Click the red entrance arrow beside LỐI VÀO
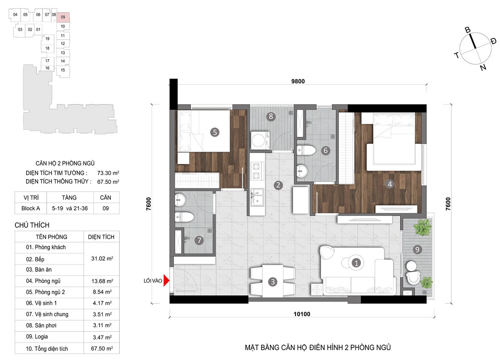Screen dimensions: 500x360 [166, 280]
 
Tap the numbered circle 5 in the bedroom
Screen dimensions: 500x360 [215, 132]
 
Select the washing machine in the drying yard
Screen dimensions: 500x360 [260, 140]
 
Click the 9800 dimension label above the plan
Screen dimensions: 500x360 [298, 81]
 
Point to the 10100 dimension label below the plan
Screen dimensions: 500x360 [302, 314]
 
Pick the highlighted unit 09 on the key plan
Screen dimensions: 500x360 [63, 17]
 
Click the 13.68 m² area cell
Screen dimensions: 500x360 [102, 281]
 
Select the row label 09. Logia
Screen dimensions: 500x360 [37, 337]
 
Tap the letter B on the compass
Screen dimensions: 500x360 [467, 30]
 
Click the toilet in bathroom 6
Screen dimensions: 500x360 [306, 150]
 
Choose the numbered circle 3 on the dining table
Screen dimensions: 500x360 [272, 282]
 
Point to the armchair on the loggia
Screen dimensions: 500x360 [413, 278]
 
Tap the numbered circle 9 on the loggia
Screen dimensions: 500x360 [417, 249]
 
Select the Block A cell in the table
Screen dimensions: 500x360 [30, 208]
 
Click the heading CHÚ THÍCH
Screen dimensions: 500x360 [32, 225]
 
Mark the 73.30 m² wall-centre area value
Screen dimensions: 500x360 [108, 173]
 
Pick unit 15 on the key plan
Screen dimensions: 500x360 [63, 70]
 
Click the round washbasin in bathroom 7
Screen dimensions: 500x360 [180, 200]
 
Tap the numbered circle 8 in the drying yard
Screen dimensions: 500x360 [271, 116]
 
